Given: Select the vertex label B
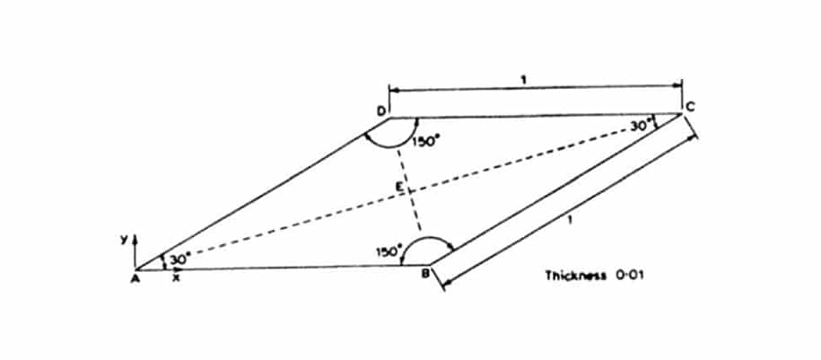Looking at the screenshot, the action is pyautogui.click(x=425, y=273).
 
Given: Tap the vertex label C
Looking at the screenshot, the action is pyautogui.click(x=690, y=107).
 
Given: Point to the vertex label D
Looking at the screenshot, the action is pyautogui.click(x=380, y=110).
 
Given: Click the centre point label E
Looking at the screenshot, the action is pyautogui.click(x=399, y=186).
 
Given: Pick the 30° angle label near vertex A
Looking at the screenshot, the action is pyautogui.click(x=178, y=259).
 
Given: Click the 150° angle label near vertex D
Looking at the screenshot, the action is pyautogui.click(x=424, y=142).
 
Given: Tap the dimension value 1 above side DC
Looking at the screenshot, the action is pyautogui.click(x=525, y=80).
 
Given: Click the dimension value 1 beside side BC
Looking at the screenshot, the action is pyautogui.click(x=571, y=220).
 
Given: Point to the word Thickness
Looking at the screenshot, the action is pyautogui.click(x=575, y=275).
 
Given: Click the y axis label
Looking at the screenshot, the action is pyautogui.click(x=124, y=241).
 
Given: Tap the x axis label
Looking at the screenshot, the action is pyautogui.click(x=177, y=278).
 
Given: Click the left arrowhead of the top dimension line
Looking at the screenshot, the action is pyautogui.click(x=394, y=90).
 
